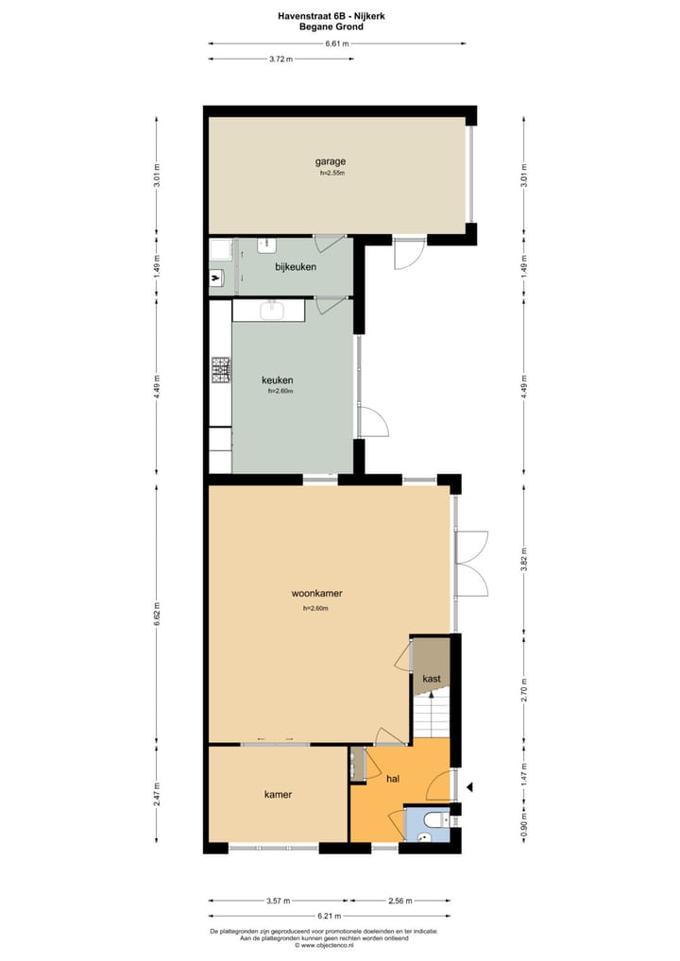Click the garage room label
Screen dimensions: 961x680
330,160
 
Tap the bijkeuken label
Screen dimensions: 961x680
295,267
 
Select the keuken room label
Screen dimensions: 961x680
277,380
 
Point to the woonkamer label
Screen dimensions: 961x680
316,594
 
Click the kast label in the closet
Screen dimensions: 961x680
432,679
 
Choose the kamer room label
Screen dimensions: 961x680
278,795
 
